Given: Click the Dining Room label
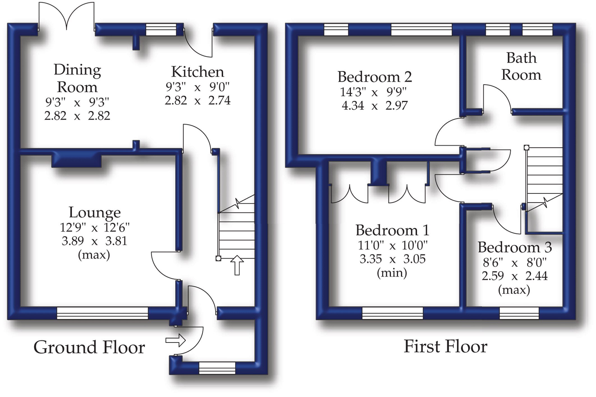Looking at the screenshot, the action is [77, 78].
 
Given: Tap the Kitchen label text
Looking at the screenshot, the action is [198, 72].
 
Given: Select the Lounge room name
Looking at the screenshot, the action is [95, 212].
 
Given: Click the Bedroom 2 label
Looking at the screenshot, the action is [375, 77].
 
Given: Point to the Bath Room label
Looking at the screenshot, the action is [521, 66].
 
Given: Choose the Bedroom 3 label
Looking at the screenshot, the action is [515, 247].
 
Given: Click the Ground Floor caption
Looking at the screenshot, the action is [89, 347].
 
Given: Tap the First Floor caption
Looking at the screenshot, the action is [445, 347].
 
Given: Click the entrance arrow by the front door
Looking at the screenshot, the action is [175, 340].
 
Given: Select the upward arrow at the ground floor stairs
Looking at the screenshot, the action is [237, 265].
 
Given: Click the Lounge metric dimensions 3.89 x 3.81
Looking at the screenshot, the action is [94, 241].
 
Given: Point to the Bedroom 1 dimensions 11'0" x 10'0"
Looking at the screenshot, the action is [392, 246].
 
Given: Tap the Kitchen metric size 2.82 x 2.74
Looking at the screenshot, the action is [198, 100].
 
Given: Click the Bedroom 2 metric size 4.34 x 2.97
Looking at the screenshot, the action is [375, 106].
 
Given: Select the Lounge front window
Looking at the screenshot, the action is [102, 313].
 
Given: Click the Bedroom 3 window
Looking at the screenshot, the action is [519, 313].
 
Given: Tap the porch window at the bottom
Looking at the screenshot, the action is [217, 368].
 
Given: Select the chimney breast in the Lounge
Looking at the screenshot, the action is [76, 161].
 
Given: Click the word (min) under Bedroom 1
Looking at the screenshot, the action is [392, 272].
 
